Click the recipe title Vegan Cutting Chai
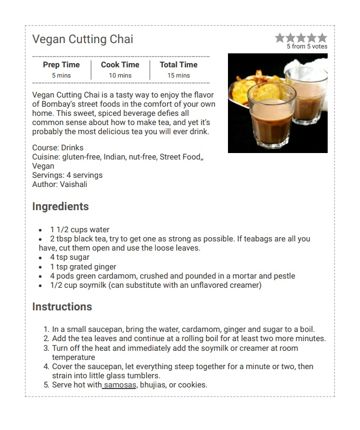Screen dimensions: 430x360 (x=82, y=39)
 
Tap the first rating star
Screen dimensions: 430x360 (x=280, y=38)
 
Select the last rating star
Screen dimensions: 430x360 (x=322, y=38)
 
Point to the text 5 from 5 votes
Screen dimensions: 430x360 (x=307, y=47)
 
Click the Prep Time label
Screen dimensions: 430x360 (x=61, y=65)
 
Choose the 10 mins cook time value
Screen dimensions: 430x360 (x=120, y=75)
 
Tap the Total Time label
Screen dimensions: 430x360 (x=178, y=65)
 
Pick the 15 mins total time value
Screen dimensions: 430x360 (x=178, y=75)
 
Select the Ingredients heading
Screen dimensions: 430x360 (x=60, y=206)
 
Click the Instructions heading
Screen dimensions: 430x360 (x=62, y=307)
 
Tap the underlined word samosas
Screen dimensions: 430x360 (x=120, y=385)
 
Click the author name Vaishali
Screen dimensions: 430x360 (x=73, y=184)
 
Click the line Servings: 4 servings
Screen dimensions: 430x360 (x=67, y=175)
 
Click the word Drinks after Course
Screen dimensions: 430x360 (x=72, y=148)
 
